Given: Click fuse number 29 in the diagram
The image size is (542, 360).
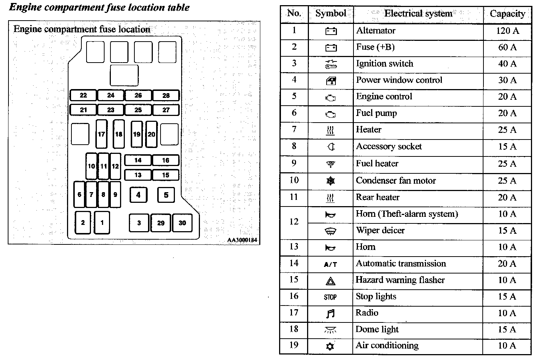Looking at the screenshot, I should click(x=161, y=223).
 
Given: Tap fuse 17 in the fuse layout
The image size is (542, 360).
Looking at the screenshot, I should click(x=101, y=134).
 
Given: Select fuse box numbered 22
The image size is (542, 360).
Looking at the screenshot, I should click(x=83, y=95).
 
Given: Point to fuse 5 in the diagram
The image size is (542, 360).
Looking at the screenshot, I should click(x=166, y=195).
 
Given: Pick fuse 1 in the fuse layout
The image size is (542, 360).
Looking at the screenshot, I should click(x=102, y=222).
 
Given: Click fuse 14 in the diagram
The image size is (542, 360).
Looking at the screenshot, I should click(x=138, y=160).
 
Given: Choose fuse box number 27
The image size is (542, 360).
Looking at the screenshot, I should click(x=166, y=110).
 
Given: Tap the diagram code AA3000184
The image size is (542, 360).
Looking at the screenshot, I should click(x=242, y=240).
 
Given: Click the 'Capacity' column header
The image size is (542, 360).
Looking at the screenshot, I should click(x=507, y=14).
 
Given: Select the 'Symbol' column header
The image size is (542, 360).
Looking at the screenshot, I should click(x=331, y=14).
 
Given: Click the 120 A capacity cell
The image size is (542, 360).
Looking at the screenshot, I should click(x=507, y=31).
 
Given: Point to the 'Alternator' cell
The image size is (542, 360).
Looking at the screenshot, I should click(x=376, y=31).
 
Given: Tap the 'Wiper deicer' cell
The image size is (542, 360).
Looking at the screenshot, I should click(x=380, y=230).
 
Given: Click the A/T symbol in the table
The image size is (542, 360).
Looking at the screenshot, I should click(x=330, y=264).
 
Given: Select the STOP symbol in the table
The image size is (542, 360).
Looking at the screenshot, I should click(x=330, y=297).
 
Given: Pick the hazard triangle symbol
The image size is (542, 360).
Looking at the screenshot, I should click(x=330, y=281).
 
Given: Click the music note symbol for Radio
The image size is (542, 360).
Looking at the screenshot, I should click(x=330, y=314).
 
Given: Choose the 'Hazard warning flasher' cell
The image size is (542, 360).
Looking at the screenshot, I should click(x=400, y=280).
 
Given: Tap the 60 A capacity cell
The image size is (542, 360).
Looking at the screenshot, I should click(x=507, y=47).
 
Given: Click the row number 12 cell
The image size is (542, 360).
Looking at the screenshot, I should click(x=294, y=222).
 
